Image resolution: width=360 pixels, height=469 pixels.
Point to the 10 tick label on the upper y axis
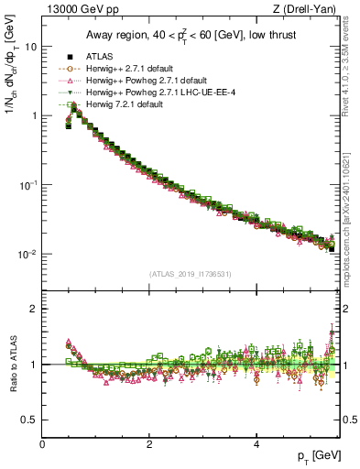click(31, 46)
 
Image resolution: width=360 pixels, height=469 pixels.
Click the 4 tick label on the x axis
click(256, 444)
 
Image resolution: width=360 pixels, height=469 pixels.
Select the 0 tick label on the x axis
click(43, 444)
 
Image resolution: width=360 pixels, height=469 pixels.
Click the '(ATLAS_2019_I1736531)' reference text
click(191, 274)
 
